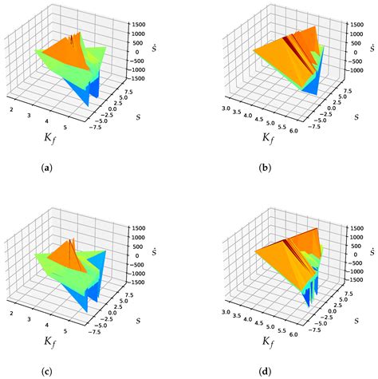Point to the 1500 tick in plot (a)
coord(140,23)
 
